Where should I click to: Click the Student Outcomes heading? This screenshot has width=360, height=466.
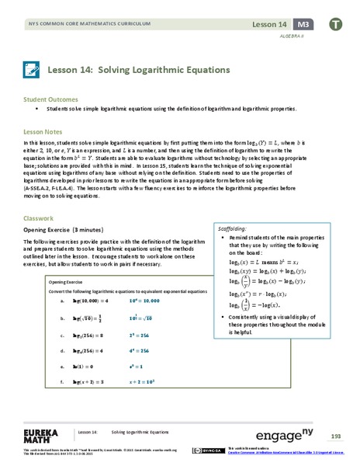point(50,99)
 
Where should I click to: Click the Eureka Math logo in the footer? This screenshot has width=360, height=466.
point(43,433)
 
